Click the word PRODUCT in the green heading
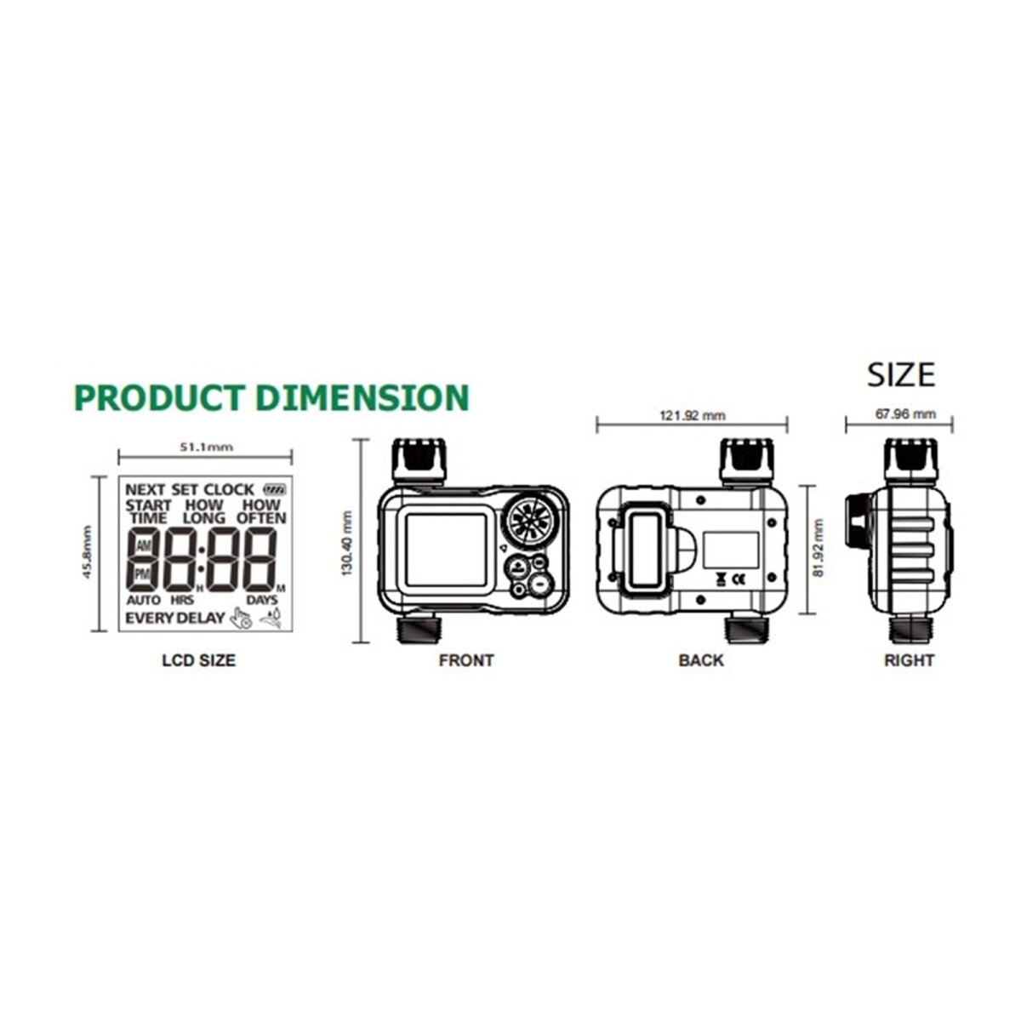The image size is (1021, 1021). pos(160,397)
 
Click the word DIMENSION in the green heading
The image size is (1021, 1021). pos(363,397)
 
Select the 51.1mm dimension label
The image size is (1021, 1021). pos(206,447)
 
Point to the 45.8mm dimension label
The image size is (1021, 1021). pos(88,552)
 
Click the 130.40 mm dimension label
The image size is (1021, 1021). pos(347,543)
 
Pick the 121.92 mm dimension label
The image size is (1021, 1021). pos(692,415)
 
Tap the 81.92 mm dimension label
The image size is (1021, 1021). pos(819,548)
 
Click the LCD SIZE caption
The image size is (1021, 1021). pos(199,660)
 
